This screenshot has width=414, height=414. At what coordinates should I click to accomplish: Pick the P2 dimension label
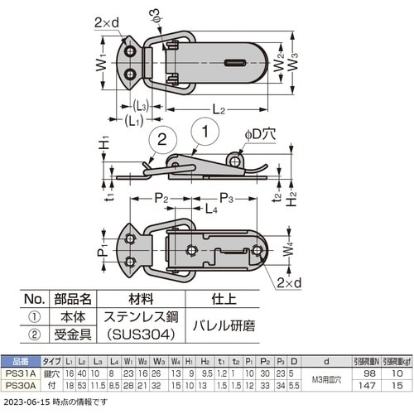[161, 199]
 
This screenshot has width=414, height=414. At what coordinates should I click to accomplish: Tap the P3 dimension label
[227, 199]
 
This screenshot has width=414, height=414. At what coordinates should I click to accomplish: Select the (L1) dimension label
[133, 121]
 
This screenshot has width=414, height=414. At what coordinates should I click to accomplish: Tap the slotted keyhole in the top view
[236, 61]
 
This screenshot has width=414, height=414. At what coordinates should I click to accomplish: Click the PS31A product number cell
[19, 373]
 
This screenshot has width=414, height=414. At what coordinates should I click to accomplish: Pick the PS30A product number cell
[19, 385]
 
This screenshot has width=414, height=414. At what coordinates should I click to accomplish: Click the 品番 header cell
[19, 361]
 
